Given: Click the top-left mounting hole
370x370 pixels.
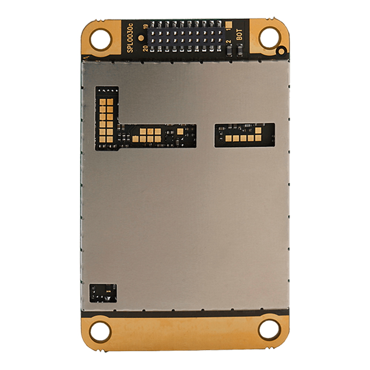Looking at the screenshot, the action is coord(101,39).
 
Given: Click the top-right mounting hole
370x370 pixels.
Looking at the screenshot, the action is coord(270,38).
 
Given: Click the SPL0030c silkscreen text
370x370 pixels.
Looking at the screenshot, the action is coord(130,38).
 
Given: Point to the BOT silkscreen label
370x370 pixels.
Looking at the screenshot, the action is coord(239,34).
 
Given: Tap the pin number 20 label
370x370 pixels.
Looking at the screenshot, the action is coord(145,48).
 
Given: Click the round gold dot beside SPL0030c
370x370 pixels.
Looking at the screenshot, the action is coord(141,38).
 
